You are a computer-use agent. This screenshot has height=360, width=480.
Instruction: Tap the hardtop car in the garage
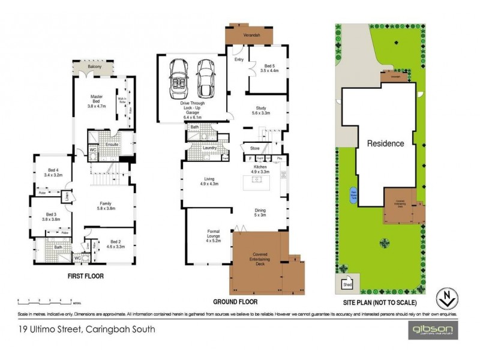205,79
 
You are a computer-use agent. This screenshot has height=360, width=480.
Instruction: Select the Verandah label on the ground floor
248,35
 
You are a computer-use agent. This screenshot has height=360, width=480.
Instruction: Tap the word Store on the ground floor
254,148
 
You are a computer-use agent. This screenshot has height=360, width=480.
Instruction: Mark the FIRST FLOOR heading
84,278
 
